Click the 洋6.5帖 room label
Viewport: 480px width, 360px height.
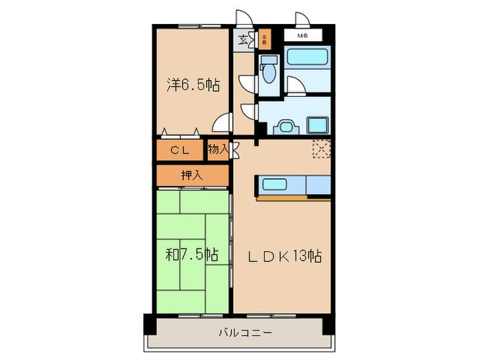pyautogui.click(x=193, y=85)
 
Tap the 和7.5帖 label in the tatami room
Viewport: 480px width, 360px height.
pyautogui.click(x=192, y=254)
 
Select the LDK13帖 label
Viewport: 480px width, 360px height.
pyautogui.click(x=285, y=256)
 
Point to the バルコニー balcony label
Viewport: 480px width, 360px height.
pyautogui.click(x=245, y=333)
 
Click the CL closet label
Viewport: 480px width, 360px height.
pyautogui.click(x=180, y=150)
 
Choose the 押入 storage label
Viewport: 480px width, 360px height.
pyautogui.click(x=192, y=175)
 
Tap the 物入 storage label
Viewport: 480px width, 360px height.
pyautogui.click(x=218, y=149)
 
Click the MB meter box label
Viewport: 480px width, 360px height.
pyautogui.click(x=303, y=36)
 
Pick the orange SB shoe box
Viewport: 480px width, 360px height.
pyautogui.click(x=265, y=40)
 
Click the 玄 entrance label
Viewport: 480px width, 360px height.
pyautogui.click(x=243, y=40)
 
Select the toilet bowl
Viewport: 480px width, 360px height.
pyautogui.click(x=269, y=72)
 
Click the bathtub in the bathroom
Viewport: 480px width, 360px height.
pyautogui.click(x=307, y=57)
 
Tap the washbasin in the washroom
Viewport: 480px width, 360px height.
pyautogui.click(x=286, y=126)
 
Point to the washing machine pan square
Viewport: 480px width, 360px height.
pyautogui.click(x=317, y=125)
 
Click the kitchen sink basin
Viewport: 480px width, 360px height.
pyautogui.click(x=274, y=184)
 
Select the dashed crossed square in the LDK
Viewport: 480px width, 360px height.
pyautogui.click(x=322, y=149)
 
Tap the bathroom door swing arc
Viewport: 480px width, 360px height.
pyautogui.click(x=296, y=85)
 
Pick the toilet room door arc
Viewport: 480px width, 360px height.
pyautogui.click(x=248, y=83)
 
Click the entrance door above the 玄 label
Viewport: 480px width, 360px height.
pyautogui.click(x=244, y=17)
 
